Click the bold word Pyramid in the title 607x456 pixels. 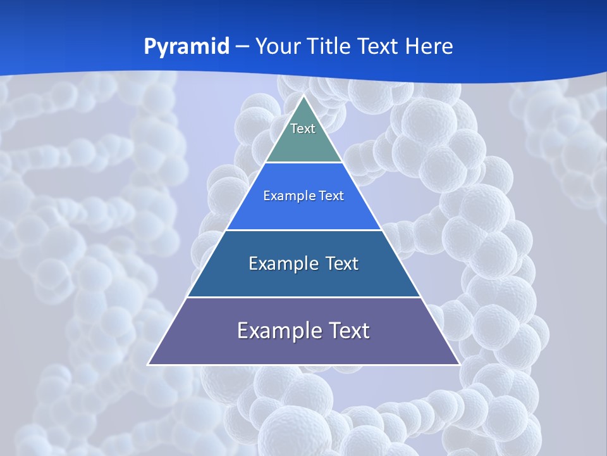(187, 47)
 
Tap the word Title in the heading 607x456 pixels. (330, 46)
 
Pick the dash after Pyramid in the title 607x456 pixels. (242, 47)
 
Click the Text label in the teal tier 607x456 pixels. (303, 129)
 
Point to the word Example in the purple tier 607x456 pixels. (274, 331)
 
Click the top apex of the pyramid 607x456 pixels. (303, 96)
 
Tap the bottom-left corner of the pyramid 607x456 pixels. (149, 364)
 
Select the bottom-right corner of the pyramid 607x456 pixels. (459, 364)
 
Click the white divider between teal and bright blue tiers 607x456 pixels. (303, 162)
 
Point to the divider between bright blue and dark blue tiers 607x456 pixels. (303, 230)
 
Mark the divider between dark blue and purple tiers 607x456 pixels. (303, 297)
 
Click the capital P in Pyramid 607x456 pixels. (150, 46)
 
